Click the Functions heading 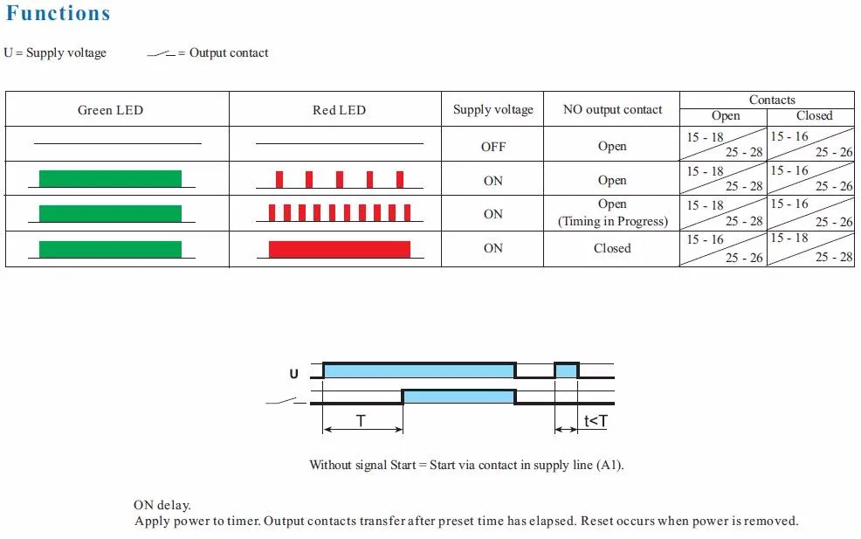click(x=59, y=14)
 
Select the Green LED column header click(x=110, y=110)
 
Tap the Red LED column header click(x=339, y=110)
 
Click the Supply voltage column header click(x=492, y=110)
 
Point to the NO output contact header click(x=612, y=110)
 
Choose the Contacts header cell click(x=772, y=100)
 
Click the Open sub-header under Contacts click(x=725, y=115)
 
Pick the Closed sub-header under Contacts click(x=814, y=115)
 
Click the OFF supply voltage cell click(x=493, y=147)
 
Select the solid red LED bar click(x=339, y=249)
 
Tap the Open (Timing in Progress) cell click(x=612, y=213)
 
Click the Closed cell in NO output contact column click(x=612, y=248)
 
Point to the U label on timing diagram click(x=293, y=375)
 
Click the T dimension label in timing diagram click(x=361, y=421)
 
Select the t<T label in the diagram click(x=596, y=421)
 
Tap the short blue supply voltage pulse click(x=566, y=370)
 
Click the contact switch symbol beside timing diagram click(x=281, y=402)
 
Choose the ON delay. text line click(x=162, y=505)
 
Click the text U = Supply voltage click(x=55, y=53)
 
